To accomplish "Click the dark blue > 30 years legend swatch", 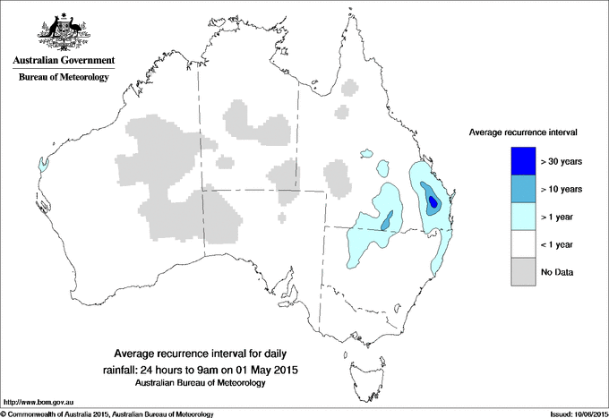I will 518,161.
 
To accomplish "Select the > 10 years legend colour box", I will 518,189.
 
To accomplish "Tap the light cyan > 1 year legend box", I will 518,217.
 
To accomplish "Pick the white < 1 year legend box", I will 518,244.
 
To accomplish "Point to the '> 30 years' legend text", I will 562,162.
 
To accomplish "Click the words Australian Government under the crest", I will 64,61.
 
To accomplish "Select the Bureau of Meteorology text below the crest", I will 64,77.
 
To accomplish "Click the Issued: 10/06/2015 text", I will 572,414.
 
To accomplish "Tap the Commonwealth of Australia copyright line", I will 107,414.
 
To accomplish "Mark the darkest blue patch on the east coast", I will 433,201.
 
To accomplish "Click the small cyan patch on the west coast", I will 42,165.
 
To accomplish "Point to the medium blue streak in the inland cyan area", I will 387,220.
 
